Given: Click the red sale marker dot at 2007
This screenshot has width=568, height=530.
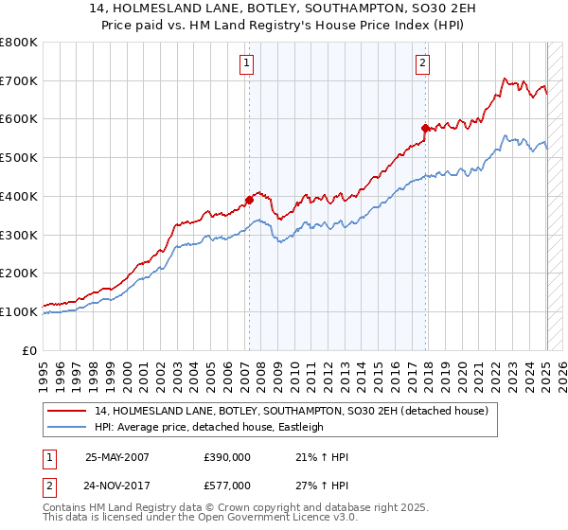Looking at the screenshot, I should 249,200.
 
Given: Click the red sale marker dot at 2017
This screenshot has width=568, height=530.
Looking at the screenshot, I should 425,127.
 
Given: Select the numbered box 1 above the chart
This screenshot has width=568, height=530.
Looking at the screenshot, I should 245,63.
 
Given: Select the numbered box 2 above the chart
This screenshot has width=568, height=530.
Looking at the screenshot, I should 421,63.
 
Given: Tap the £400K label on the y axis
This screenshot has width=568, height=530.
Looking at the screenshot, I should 19,196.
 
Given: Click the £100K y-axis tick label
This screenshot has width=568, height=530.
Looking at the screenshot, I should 19,311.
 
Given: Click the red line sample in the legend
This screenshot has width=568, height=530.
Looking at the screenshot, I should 68,411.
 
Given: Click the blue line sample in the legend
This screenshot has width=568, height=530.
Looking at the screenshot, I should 68,427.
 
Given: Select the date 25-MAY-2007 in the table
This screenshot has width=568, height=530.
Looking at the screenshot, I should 117,456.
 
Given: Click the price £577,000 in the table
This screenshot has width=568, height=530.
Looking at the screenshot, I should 227,485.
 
